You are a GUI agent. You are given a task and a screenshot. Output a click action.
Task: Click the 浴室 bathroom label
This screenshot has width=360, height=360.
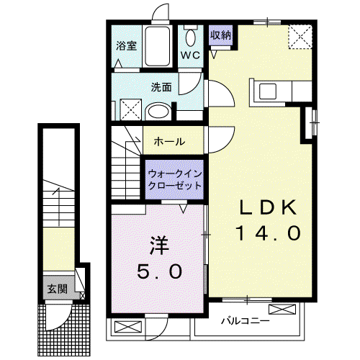(127, 46)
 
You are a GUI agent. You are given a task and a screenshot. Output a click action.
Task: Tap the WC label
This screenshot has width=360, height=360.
(190, 55)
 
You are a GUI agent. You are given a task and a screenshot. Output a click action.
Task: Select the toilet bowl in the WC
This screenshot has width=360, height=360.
(191, 37)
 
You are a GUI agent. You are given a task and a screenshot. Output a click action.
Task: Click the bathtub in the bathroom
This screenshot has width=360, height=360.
(158, 47)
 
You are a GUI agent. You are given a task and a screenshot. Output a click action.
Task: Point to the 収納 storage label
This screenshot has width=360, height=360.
(221, 35)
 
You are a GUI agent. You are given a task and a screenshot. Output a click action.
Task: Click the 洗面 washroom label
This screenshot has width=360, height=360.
(161, 87)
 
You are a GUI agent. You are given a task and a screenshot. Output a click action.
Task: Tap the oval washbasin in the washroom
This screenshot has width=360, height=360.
(158, 112)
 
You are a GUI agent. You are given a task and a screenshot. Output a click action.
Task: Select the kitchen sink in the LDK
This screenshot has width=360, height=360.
(268, 91)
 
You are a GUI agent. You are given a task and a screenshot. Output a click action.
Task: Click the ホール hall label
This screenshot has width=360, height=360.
(169, 142)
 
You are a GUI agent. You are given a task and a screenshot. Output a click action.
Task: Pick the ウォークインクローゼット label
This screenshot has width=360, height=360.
(175, 179)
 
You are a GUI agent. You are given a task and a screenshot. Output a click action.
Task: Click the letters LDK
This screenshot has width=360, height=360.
(268, 207)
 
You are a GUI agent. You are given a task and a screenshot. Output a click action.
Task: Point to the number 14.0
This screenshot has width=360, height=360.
(268, 233)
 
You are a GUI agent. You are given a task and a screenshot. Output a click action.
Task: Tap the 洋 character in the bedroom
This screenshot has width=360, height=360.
(159, 246)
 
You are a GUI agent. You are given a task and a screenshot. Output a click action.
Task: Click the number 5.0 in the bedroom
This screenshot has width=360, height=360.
(159, 271)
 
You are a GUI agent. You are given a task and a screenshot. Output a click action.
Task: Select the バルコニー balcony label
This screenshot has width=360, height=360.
(246, 321)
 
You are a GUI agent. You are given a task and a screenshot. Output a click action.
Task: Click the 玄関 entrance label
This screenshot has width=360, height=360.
(57, 289)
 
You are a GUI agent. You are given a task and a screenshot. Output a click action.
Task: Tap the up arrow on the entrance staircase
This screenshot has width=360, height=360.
(58, 207)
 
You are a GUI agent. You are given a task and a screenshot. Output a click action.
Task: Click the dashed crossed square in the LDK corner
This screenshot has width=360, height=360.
(300, 37)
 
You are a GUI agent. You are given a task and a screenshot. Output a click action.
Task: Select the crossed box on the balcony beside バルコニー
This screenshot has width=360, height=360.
(282, 309)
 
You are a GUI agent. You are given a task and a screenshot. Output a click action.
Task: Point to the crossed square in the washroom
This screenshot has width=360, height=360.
(131, 109)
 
